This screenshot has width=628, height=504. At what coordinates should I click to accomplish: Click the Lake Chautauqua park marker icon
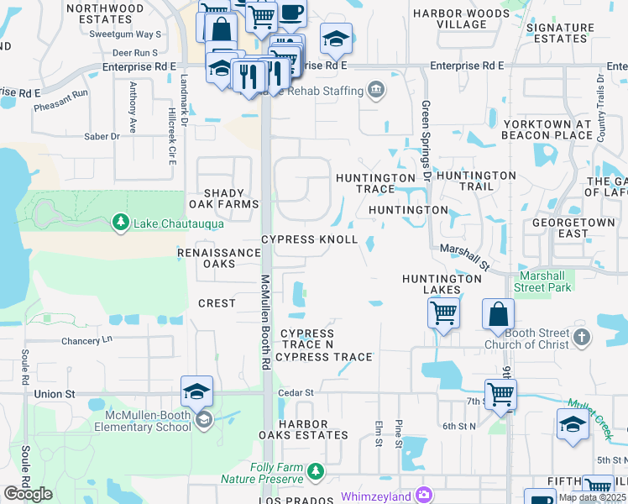click(x=121, y=223)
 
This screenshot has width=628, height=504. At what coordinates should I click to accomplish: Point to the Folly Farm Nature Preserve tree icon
click(x=315, y=473)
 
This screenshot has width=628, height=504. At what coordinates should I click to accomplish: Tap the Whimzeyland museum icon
click(x=423, y=496)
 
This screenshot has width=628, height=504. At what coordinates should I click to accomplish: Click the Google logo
click(x=29, y=494)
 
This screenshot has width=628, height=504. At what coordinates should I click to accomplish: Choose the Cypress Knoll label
click(x=309, y=239)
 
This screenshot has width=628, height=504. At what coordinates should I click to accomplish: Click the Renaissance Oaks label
click(x=219, y=258)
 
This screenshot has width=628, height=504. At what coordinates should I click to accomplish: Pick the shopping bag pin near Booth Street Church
click(x=498, y=313)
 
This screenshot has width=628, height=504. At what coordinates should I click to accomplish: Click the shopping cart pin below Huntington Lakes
click(x=444, y=313)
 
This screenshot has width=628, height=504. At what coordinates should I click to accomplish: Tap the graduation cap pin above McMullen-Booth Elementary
click(x=196, y=391)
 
